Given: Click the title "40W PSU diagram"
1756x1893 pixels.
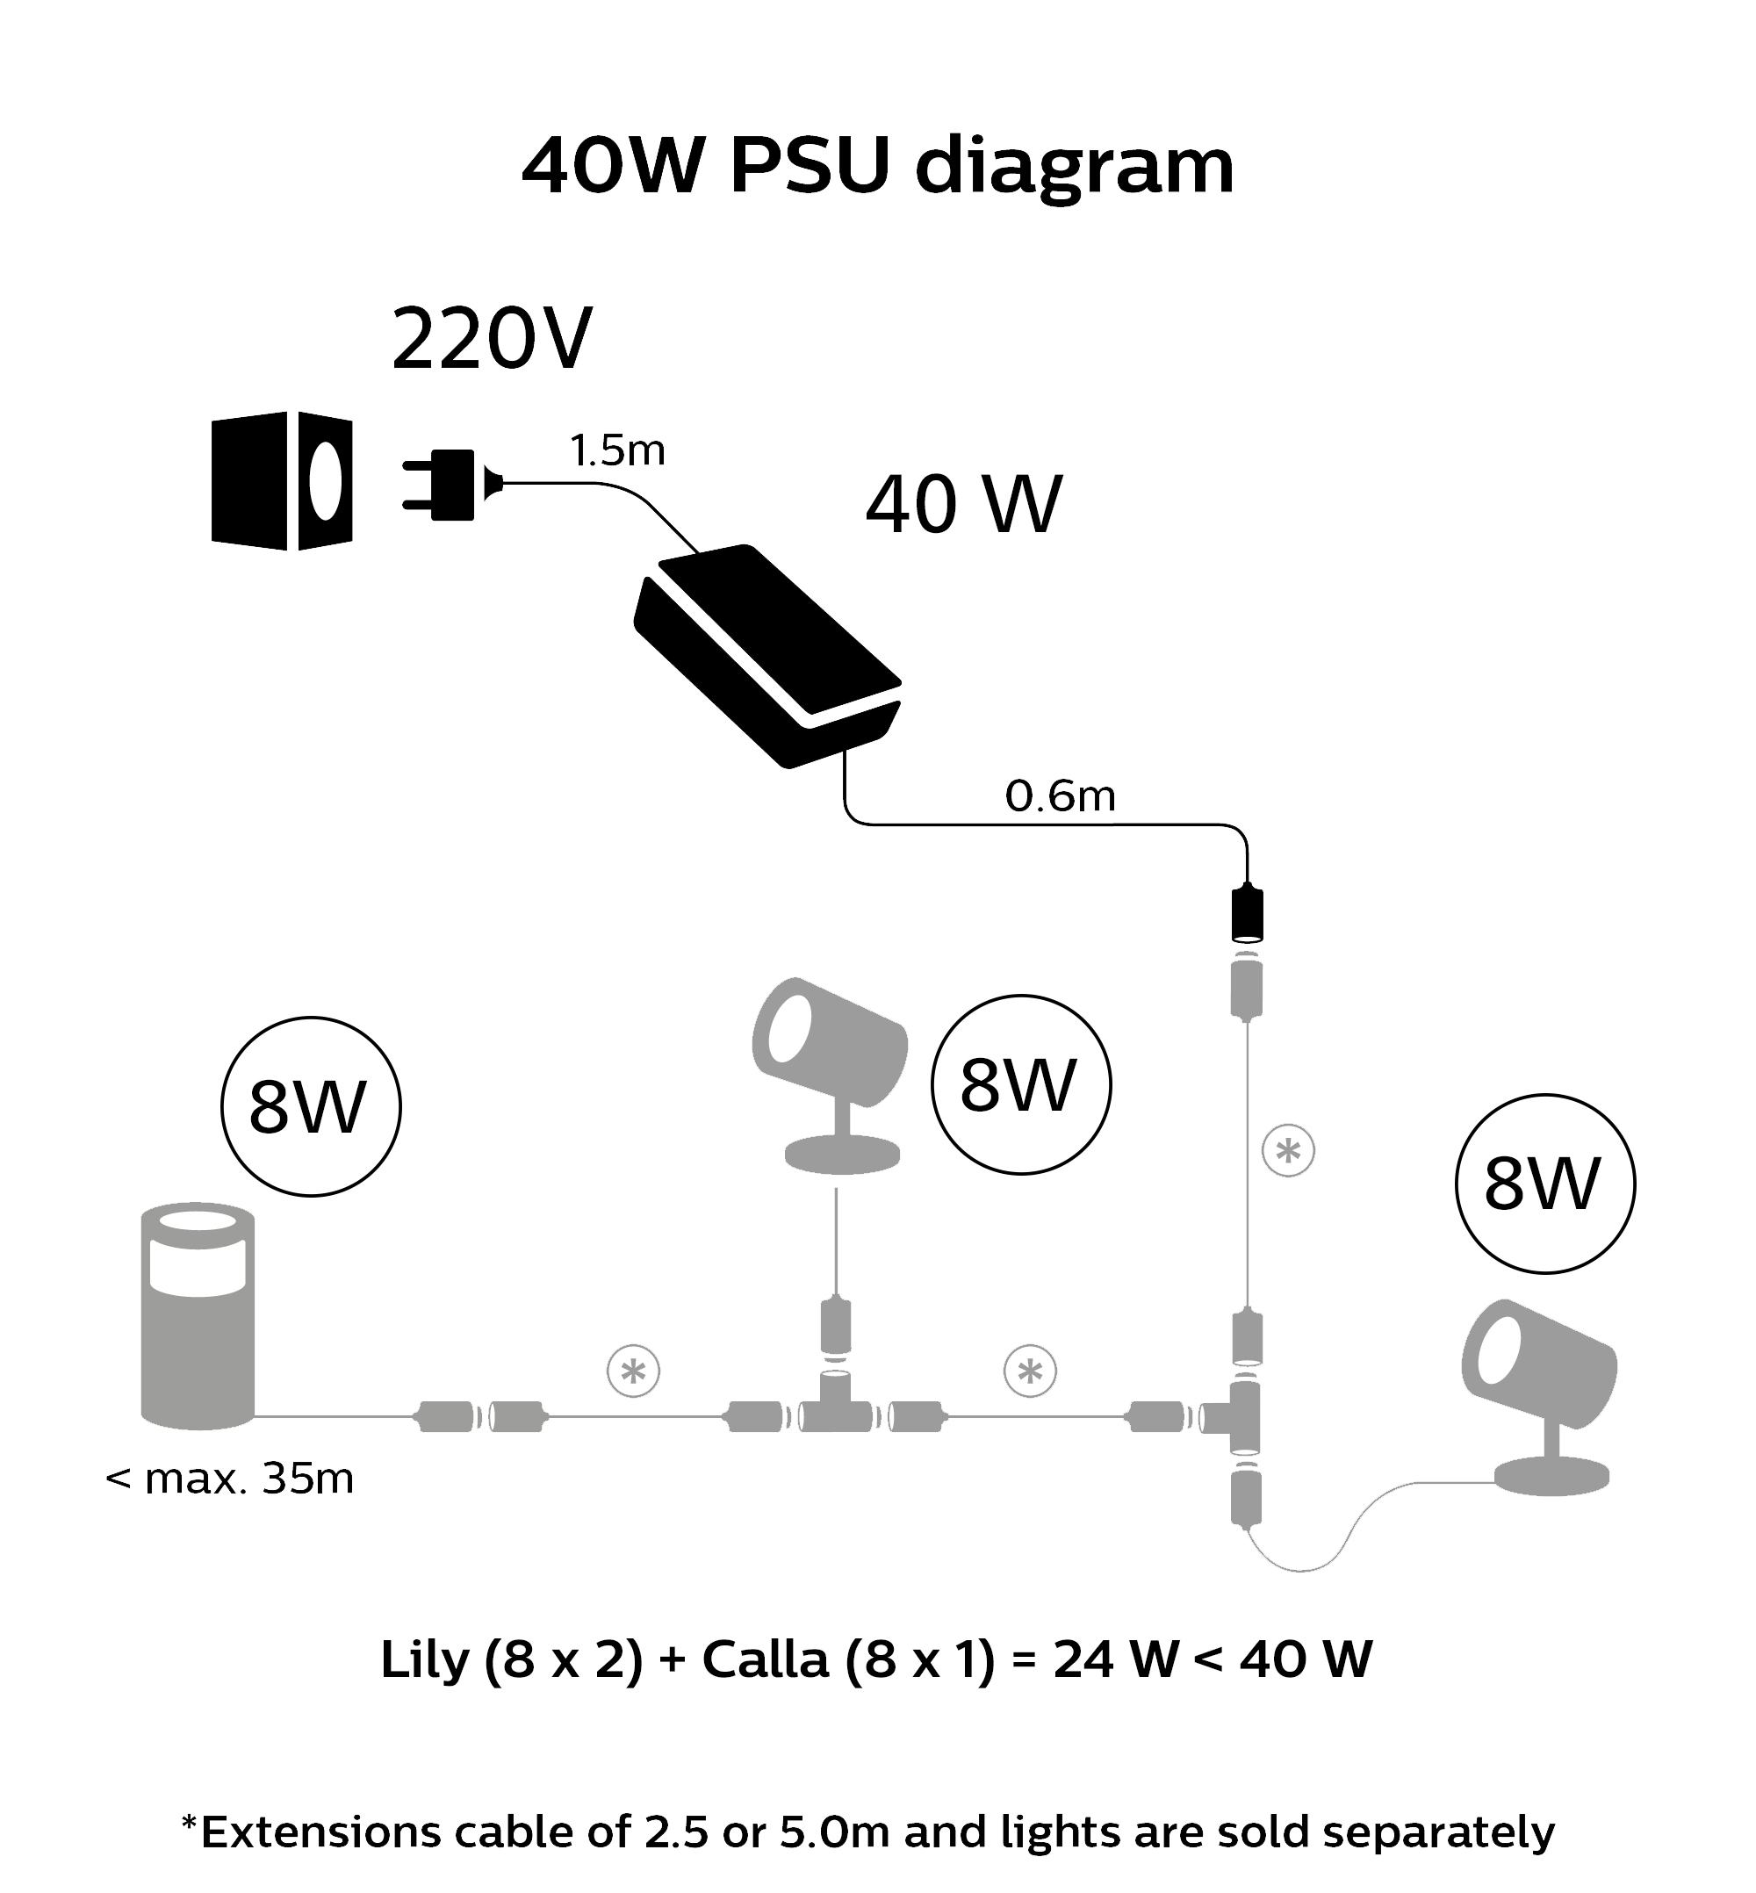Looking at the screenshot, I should click(x=877, y=166).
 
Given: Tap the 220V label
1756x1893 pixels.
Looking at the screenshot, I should click(x=492, y=339).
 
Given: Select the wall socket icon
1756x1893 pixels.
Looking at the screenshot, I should click(x=282, y=481).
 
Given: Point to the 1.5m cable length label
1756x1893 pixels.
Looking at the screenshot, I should click(x=617, y=450).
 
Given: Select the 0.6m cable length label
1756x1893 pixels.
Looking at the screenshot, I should click(x=1060, y=796).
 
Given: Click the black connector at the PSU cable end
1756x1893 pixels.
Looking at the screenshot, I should click(x=1247, y=913).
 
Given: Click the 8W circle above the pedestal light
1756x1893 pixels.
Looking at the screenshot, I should click(x=311, y=1107).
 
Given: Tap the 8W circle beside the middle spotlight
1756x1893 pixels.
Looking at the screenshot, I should click(x=1020, y=1084).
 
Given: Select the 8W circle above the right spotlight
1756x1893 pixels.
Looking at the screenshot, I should click(x=1544, y=1184).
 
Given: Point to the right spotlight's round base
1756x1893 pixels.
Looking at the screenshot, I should click(x=1551, y=1478).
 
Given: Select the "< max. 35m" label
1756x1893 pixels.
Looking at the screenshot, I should click(x=230, y=1479).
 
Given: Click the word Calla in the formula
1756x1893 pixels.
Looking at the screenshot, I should click(x=765, y=1659).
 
